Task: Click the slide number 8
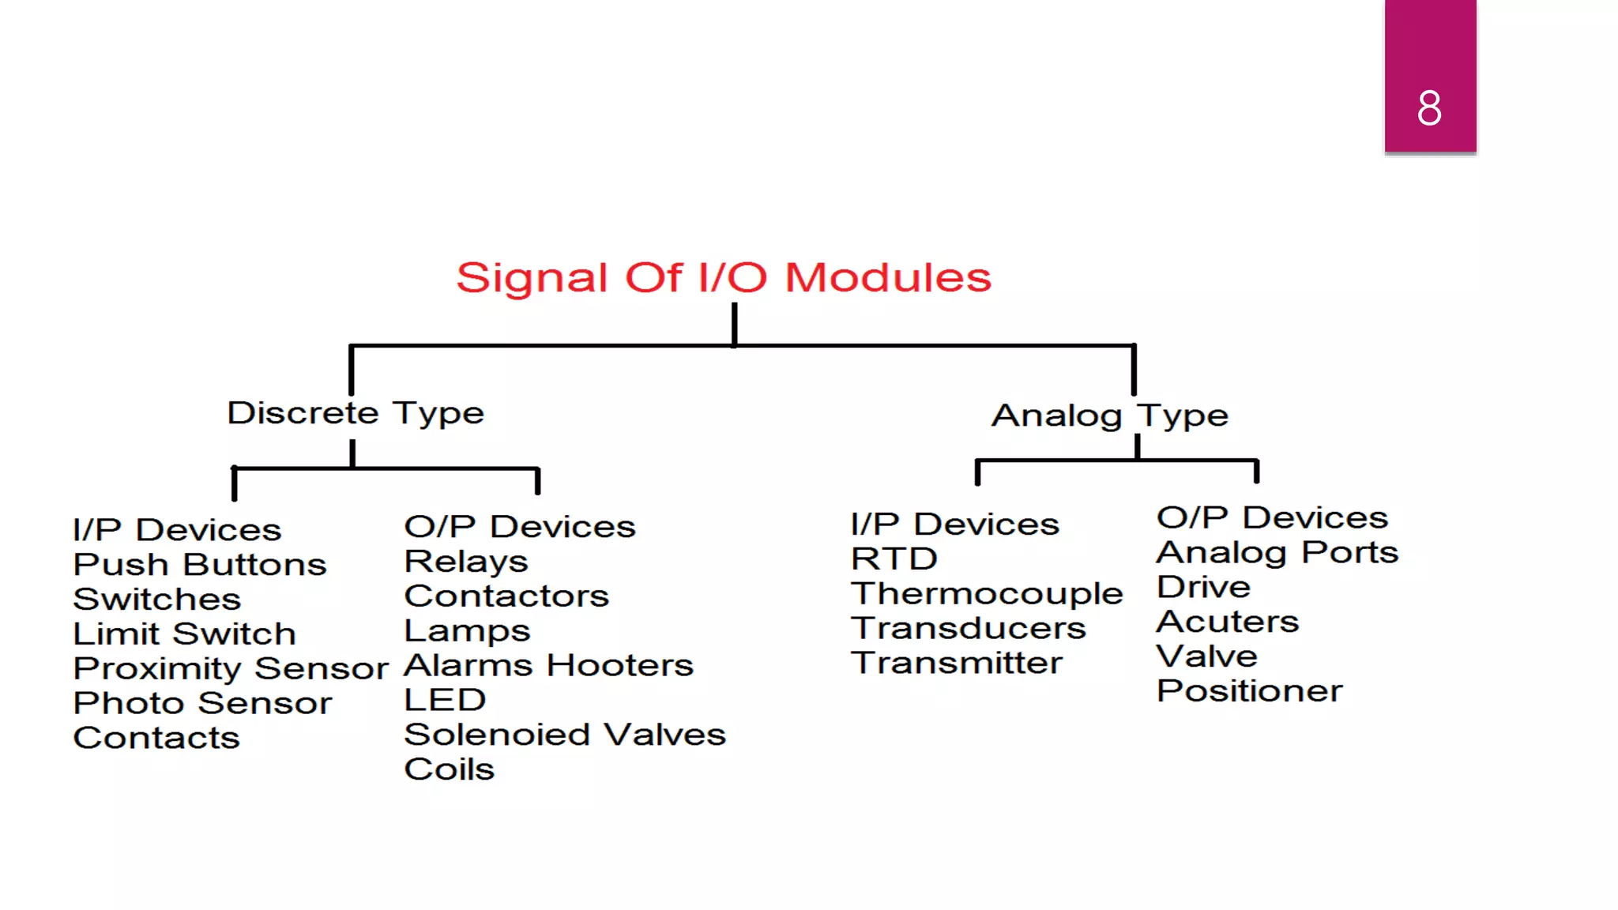pyautogui.click(x=1428, y=108)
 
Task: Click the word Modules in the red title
pyautogui.click(x=887, y=278)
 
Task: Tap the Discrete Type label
pyautogui.click(x=356, y=413)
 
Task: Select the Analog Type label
pyautogui.click(x=1109, y=416)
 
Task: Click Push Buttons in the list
pyautogui.click(x=199, y=565)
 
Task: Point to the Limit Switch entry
pyautogui.click(x=184, y=634)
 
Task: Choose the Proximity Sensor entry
pyautogui.click(x=230, y=669)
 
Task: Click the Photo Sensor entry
pyautogui.click(x=202, y=703)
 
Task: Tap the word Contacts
pyautogui.click(x=156, y=738)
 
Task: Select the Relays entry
pyautogui.click(x=465, y=562)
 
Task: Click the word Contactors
pyautogui.click(x=506, y=596)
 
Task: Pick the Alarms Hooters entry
pyautogui.click(x=548, y=665)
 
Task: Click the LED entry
pyautogui.click(x=445, y=700)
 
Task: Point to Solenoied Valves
pyautogui.click(x=564, y=735)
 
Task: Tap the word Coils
pyautogui.click(x=449, y=769)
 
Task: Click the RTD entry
pyautogui.click(x=894, y=559)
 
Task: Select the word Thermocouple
pyautogui.click(x=986, y=594)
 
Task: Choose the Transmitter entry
pyautogui.click(x=956, y=663)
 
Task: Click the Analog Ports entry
pyautogui.click(x=1277, y=553)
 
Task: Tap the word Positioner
pyautogui.click(x=1249, y=691)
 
